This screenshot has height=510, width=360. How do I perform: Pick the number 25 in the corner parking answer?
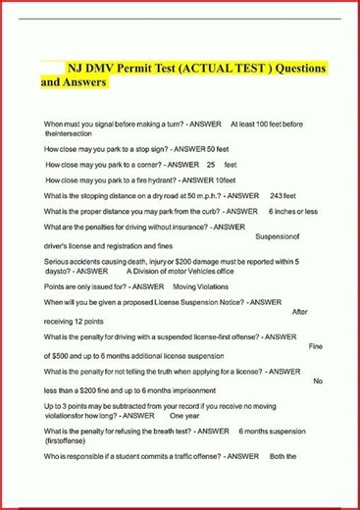[210, 165]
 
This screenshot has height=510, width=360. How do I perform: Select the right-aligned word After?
[300, 311]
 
